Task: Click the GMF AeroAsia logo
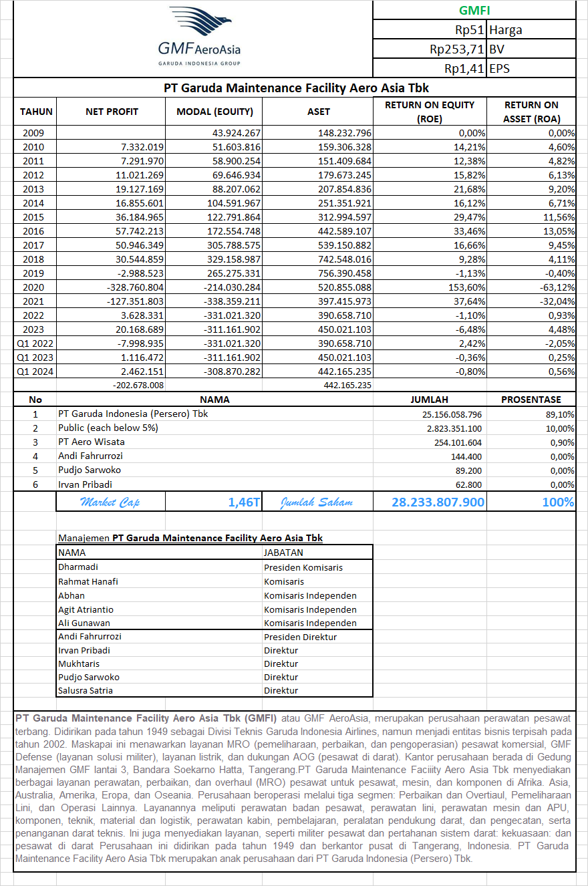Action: pyautogui.click(x=199, y=37)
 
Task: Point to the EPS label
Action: pyautogui.click(x=499, y=68)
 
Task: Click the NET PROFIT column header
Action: pyautogui.click(x=112, y=112)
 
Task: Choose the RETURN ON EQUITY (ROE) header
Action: pyautogui.click(x=429, y=112)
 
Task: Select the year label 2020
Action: pyautogui.click(x=33, y=287)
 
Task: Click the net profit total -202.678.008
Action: pyautogui.click(x=136, y=386)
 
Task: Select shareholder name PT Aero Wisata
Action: pyautogui.click(x=92, y=442)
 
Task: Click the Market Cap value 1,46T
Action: pyautogui.click(x=243, y=502)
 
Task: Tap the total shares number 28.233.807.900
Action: pyautogui.click(x=438, y=502)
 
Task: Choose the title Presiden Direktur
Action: pyautogui.click(x=300, y=637)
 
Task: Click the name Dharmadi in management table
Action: pyautogui.click(x=78, y=567)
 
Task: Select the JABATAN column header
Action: pyautogui.click(x=283, y=553)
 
